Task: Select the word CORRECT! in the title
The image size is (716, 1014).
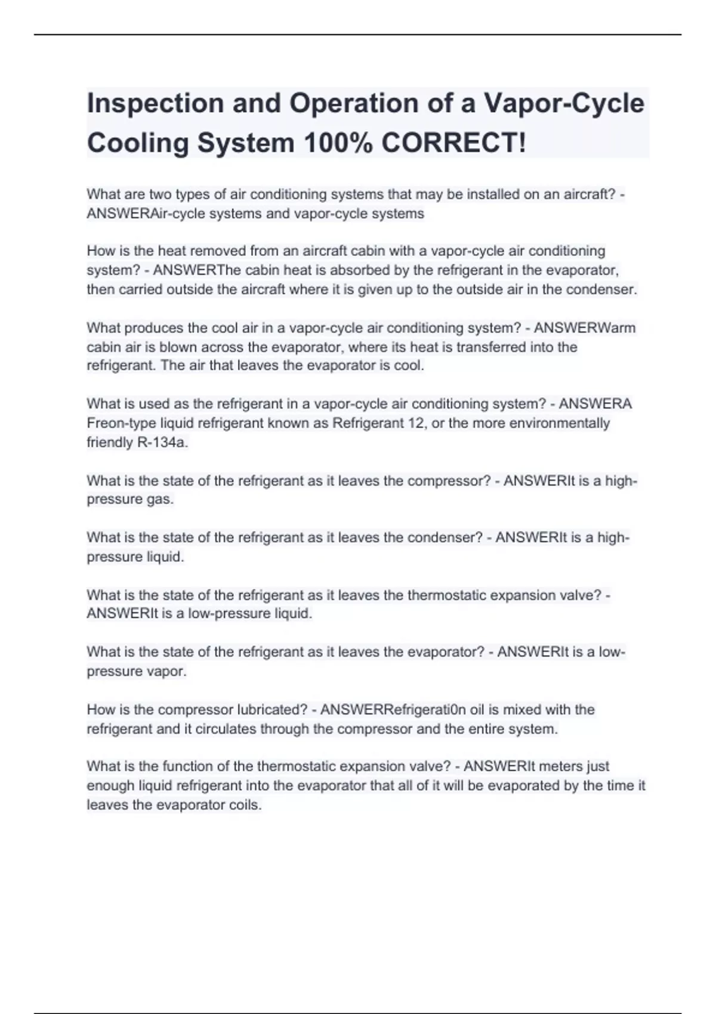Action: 453,143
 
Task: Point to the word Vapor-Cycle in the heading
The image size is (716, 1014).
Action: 564,104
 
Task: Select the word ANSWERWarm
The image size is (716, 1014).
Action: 584,328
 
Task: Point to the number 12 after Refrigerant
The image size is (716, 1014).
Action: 411,423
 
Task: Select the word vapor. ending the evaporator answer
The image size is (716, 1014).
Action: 169,672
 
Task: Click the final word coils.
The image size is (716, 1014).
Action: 245,805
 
